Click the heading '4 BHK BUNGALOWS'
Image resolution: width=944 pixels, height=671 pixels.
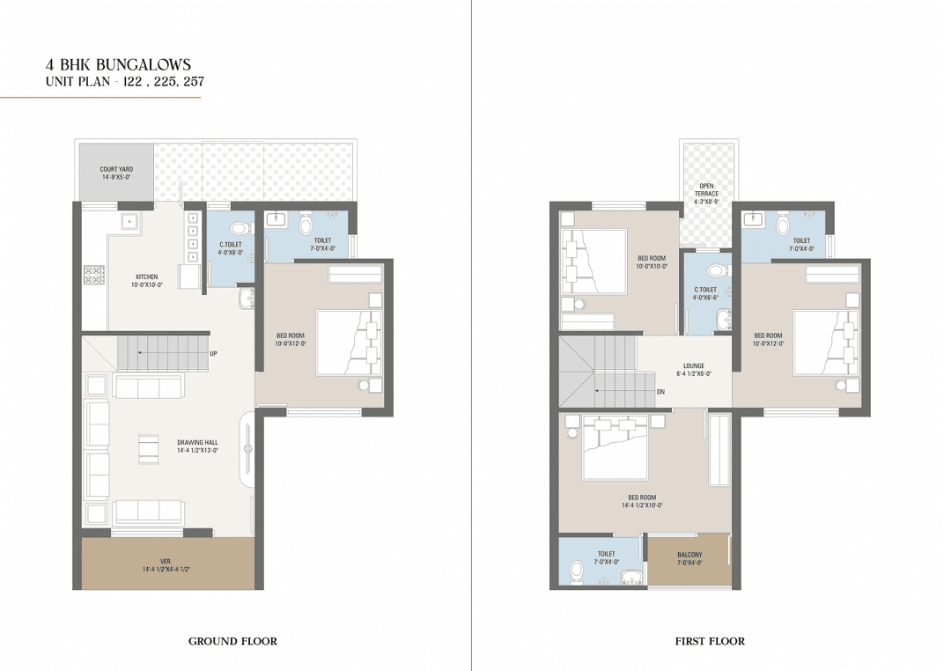[x=119, y=64]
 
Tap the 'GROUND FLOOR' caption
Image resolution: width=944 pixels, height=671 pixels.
[x=233, y=641]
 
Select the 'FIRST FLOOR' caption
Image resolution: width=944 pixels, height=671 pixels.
[x=710, y=641]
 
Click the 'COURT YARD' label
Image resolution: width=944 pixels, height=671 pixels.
[x=116, y=169]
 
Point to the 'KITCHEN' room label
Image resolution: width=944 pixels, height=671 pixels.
[x=147, y=277]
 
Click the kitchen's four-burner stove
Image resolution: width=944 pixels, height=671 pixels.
[x=94, y=275]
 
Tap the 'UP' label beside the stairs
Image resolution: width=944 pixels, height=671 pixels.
[x=213, y=353]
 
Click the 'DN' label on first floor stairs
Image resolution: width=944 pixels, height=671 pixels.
[x=660, y=392]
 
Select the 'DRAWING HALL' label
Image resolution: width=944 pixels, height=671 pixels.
[x=197, y=442]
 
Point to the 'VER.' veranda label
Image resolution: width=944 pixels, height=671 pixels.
[x=166, y=562]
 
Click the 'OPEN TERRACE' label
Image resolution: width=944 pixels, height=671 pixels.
[x=707, y=189]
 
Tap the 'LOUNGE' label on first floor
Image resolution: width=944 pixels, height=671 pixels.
[x=694, y=366]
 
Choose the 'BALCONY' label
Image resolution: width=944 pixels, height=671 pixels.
[x=690, y=555]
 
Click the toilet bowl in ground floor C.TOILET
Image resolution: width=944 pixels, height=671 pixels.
[x=240, y=228]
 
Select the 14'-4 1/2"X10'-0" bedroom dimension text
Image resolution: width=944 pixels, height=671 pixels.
[x=642, y=505]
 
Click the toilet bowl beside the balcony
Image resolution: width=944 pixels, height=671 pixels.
[x=577, y=571]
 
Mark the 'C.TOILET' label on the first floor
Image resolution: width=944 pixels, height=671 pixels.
[x=705, y=290]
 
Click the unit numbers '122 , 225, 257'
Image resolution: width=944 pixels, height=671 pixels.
[x=163, y=81]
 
